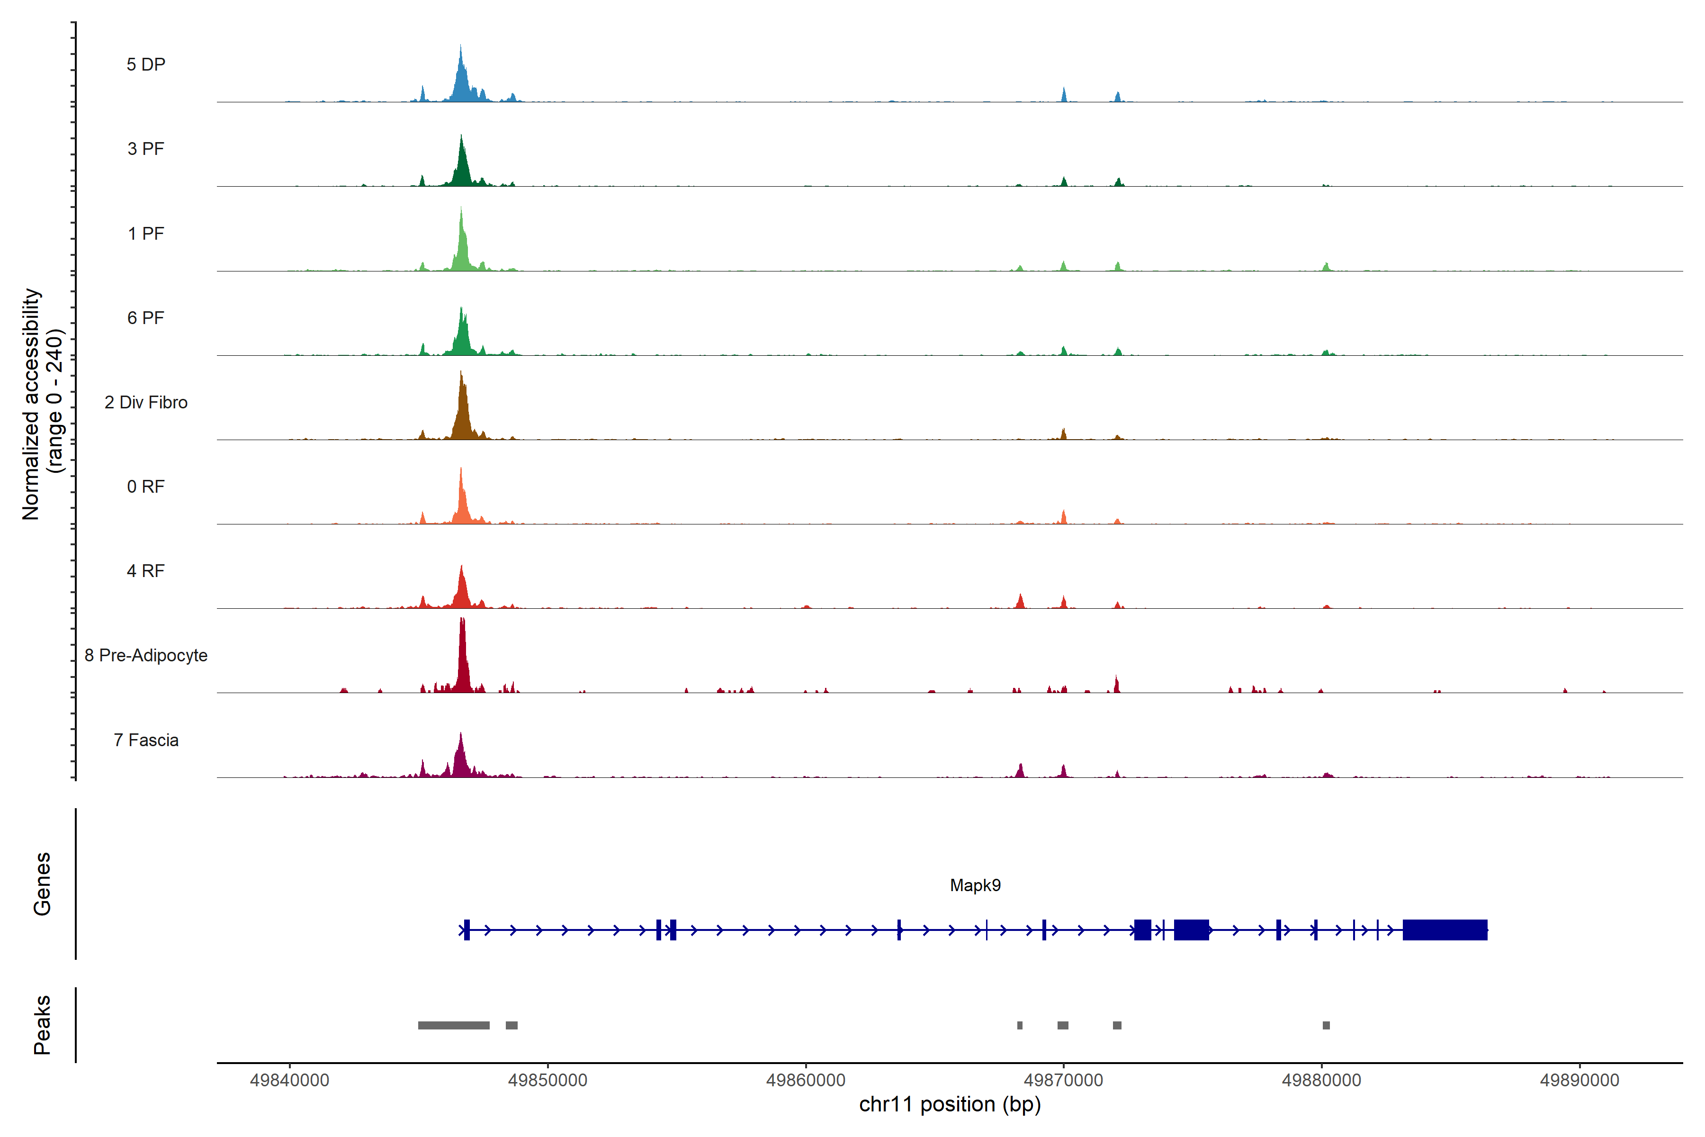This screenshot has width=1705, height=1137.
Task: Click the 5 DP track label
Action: [146, 64]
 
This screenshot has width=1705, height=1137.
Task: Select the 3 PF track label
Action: [146, 149]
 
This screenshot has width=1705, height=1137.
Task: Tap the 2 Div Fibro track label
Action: [146, 402]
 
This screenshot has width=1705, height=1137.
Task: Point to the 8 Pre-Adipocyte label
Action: [146, 656]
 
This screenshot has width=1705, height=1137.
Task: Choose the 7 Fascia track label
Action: [146, 740]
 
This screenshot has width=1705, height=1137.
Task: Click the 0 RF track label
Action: [146, 487]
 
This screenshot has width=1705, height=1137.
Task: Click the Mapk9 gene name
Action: [975, 885]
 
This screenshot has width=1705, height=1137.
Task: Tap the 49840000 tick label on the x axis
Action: [289, 1081]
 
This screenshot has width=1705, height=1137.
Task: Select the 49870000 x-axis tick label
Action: [1063, 1081]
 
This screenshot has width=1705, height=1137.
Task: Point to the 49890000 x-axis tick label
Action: [1579, 1081]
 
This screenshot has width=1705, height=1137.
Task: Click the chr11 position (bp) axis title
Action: [950, 1104]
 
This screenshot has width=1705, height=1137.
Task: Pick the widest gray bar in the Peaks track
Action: [454, 1025]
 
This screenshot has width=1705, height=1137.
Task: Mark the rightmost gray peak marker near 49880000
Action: [1326, 1025]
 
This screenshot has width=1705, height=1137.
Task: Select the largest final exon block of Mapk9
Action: [1445, 929]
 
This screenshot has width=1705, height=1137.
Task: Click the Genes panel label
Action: [42, 884]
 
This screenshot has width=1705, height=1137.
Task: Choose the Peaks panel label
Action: [42, 1025]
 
